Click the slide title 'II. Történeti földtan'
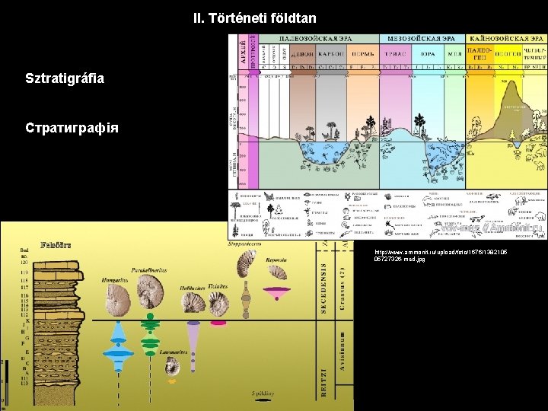[x=254, y=18]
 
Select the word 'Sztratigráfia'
[x=65, y=78]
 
